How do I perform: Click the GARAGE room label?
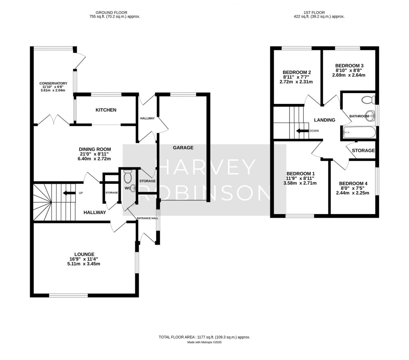tap(183, 147)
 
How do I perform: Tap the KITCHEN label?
tap(105, 110)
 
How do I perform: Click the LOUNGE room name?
tap(84, 254)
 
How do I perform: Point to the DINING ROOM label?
tap(95, 149)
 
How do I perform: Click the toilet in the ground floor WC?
tap(128, 176)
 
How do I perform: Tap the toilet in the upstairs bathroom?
tap(367, 99)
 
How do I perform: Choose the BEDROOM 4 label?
tap(353, 183)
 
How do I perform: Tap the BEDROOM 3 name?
tap(349, 66)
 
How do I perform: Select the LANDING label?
tap(324, 120)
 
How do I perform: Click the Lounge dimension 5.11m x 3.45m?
tap(84, 264)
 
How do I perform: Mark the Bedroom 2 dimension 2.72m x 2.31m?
tap(296, 82)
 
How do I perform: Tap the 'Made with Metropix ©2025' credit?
tap(204, 342)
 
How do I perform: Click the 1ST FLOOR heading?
tap(318, 12)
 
